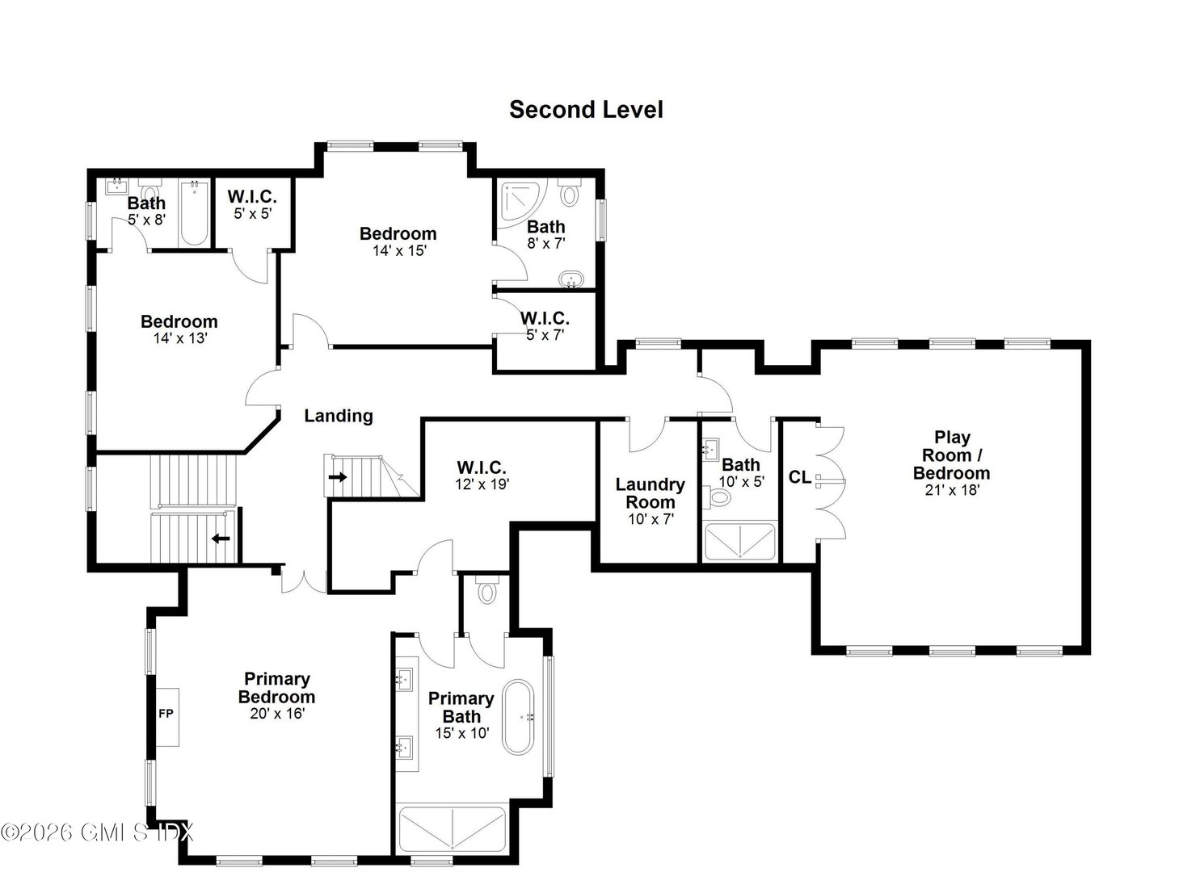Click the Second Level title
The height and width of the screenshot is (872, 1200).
coord(586,110)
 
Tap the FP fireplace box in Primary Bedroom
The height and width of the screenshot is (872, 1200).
coord(166,714)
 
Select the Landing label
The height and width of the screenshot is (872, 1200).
coord(339,416)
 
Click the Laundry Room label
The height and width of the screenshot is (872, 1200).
coord(650,493)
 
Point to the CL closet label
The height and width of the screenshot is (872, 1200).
coord(799,478)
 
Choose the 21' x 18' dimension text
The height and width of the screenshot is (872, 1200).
coord(952,489)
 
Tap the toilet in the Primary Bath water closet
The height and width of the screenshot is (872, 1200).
coord(486,592)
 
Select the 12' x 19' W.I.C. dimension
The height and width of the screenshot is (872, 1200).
coord(482,484)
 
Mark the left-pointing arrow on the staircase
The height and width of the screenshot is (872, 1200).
coord(220,538)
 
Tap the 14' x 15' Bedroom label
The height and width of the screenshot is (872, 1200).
coord(398,234)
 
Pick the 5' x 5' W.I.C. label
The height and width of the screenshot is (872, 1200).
coord(251,196)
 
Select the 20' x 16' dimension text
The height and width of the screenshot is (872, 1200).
coord(276,714)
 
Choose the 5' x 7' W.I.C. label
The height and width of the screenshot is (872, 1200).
coord(545,319)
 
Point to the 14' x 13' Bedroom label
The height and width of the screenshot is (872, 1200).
coord(179,322)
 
